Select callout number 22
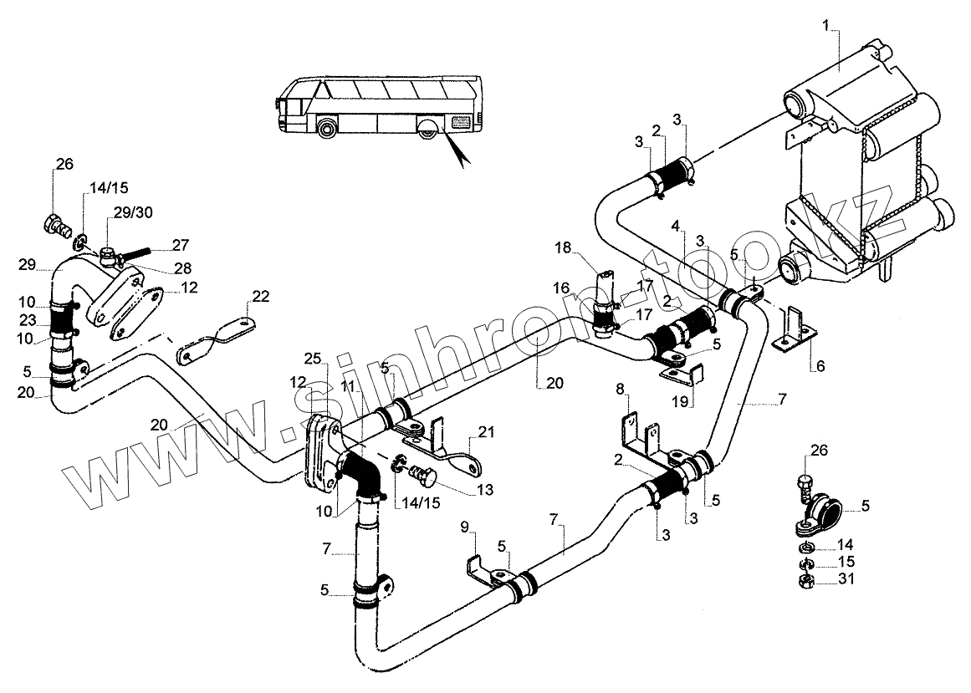pos(261,297)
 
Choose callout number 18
pos(563,248)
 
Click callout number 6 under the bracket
pos(820,366)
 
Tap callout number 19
pos(680,402)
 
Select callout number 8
pos(619,389)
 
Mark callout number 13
pos(485,489)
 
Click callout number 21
pos(486,432)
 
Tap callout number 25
pos(313,358)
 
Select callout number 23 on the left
pos(28,321)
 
